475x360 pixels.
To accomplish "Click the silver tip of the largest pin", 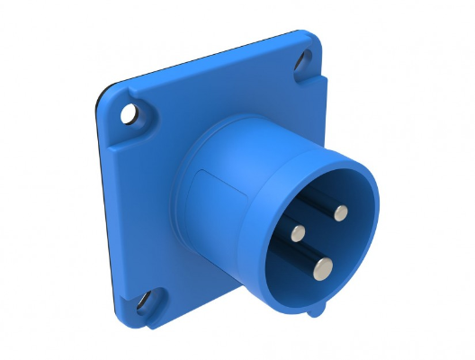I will click(323, 266).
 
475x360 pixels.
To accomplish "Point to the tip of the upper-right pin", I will click(340, 212).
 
